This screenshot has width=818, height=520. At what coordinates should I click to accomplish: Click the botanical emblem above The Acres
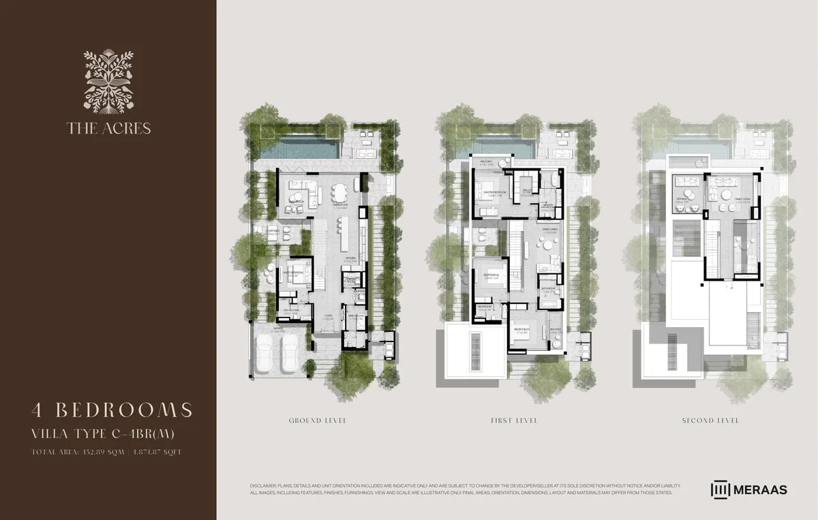(x=108, y=81)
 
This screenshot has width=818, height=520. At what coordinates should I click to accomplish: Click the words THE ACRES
(x=108, y=127)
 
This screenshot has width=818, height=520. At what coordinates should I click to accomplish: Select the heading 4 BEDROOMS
(x=112, y=410)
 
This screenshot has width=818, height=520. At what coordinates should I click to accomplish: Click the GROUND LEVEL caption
(x=318, y=420)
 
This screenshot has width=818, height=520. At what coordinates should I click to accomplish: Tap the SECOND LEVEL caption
(x=711, y=420)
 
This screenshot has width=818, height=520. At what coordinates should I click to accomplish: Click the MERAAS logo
(x=749, y=489)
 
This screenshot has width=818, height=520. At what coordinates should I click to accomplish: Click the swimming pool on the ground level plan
(x=301, y=147)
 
